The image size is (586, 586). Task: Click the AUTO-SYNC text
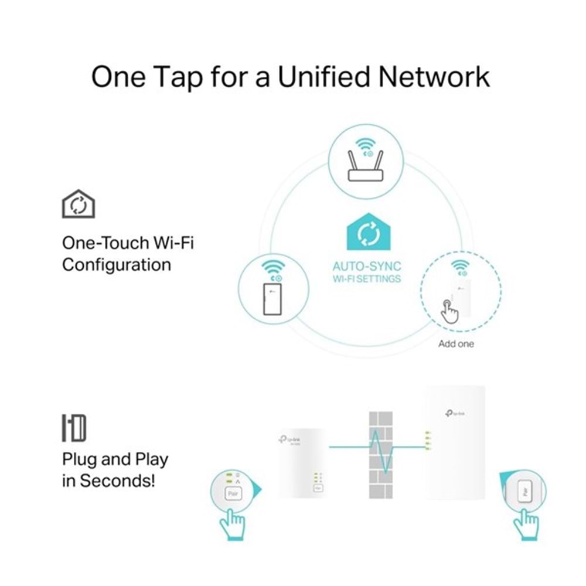pos(367,267)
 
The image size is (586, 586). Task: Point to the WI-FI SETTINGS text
pos(367,279)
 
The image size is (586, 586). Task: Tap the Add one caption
pos(456,343)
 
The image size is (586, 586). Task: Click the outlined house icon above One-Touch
pos(78,205)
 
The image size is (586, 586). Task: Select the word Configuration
pos(116,265)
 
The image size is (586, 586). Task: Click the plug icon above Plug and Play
pos(74,428)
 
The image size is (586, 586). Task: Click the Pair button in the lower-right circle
pos(524,489)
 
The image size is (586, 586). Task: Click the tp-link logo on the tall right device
pos(454,414)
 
